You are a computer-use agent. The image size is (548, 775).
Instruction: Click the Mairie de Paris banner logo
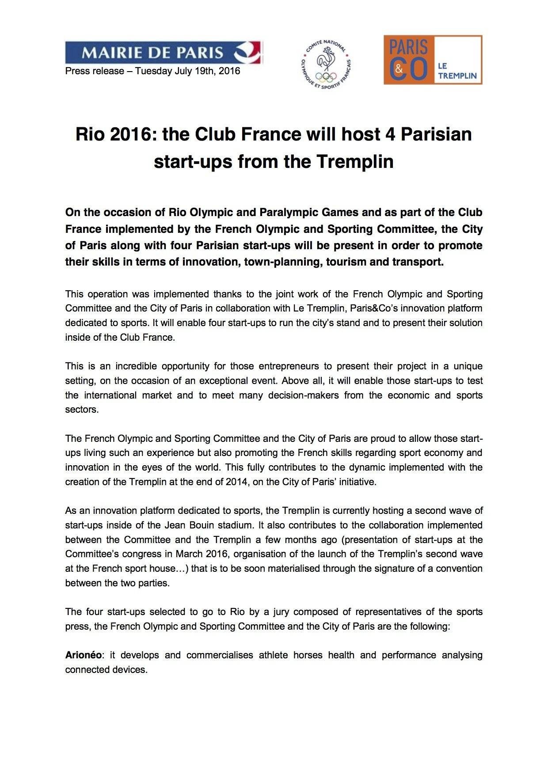[164, 53]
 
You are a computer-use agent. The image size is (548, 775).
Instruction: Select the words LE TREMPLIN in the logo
[457, 71]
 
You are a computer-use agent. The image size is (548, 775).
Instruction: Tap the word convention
[460, 569]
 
